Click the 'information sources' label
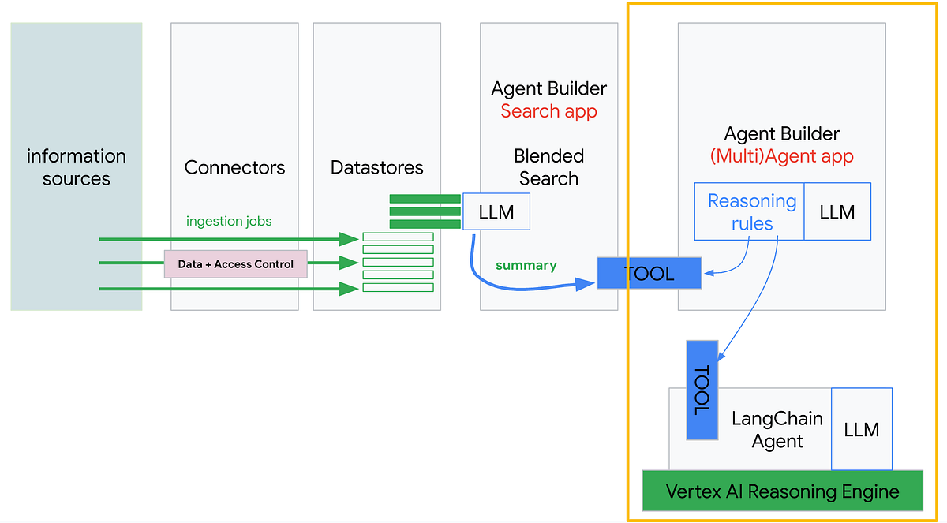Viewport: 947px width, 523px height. click(77, 167)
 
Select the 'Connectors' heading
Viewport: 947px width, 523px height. click(234, 167)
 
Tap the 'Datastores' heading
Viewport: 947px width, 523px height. click(376, 167)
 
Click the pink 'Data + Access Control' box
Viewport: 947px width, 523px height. click(235, 264)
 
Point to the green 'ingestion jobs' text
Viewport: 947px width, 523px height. click(229, 221)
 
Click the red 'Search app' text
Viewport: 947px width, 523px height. click(548, 111)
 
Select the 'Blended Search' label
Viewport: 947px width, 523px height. click(548, 167)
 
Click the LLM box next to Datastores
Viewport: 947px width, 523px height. click(496, 211)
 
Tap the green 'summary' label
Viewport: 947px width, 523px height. click(526, 265)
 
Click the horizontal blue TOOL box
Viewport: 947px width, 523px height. click(649, 274)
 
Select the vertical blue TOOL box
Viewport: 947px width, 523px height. click(702, 390)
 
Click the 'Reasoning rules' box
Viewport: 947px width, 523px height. click(750, 212)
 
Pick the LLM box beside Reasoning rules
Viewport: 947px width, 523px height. click(837, 211)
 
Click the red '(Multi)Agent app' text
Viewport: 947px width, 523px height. click(781, 156)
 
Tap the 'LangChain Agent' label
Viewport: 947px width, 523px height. click(777, 430)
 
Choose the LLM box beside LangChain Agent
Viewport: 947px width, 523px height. click(861, 429)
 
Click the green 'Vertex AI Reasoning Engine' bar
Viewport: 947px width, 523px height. click(782, 491)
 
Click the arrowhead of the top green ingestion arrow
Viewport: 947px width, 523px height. click(350, 238)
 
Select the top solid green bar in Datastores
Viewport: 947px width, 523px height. click(425, 199)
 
